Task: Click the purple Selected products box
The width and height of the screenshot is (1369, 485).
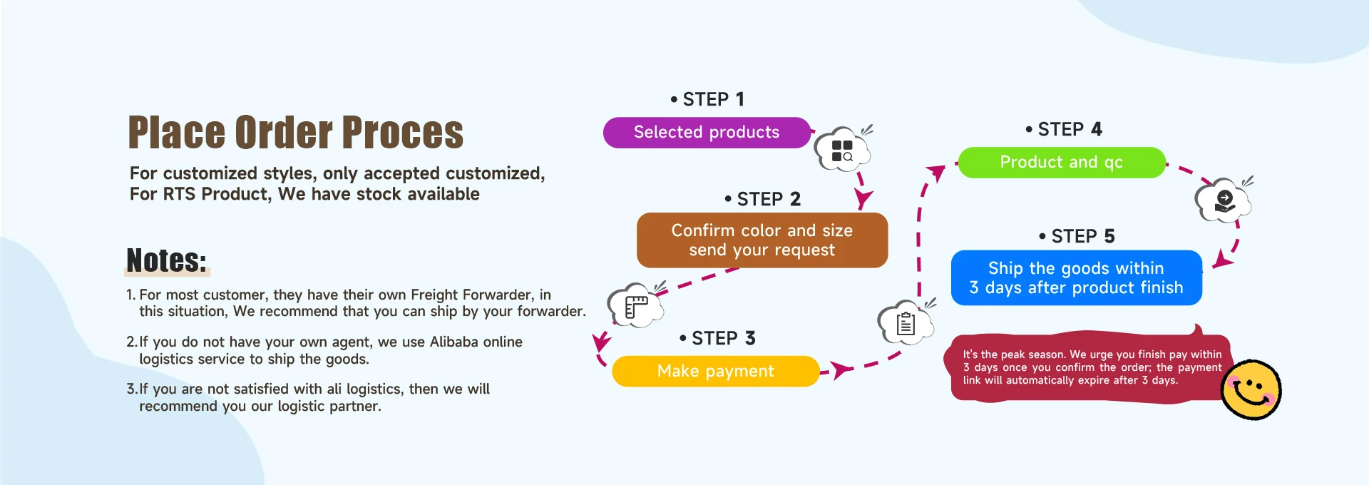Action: tap(707, 133)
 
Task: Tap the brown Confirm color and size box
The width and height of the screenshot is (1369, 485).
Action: tap(762, 240)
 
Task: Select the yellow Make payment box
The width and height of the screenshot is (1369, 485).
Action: tap(715, 371)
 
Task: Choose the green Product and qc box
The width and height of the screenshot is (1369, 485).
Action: tap(1061, 163)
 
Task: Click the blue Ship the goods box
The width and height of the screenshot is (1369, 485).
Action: tap(1076, 277)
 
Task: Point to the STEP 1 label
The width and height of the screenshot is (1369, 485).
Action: tap(708, 100)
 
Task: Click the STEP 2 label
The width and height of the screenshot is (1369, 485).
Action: tap(763, 200)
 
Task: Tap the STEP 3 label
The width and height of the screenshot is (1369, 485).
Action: tap(718, 338)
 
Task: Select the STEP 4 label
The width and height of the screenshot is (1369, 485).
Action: tap(1065, 130)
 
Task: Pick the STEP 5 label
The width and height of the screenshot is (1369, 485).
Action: tap(1077, 236)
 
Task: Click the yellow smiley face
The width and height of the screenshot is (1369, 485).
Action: tap(1251, 389)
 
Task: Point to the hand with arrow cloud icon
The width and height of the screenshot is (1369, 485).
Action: tap(1224, 200)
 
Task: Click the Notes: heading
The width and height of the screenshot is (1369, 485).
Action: tap(166, 261)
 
